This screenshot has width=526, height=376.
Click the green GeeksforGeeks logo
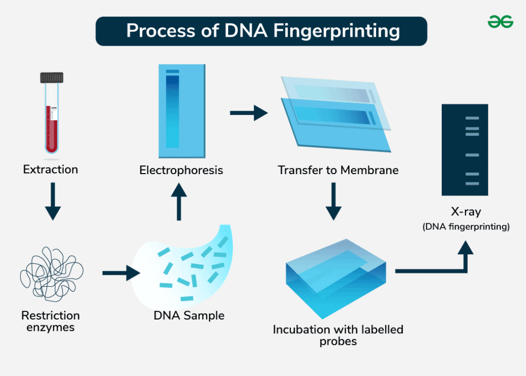click(x=500, y=22)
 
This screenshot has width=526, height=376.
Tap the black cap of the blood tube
click(x=52, y=78)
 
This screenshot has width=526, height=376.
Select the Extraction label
click(x=50, y=169)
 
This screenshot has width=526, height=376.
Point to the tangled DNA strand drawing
click(x=51, y=272)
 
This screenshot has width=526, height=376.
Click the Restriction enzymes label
click(x=50, y=321)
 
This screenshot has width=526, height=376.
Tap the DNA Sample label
click(x=189, y=315)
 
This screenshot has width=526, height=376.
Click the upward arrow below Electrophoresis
click(x=179, y=202)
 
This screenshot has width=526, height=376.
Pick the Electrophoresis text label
click(x=181, y=170)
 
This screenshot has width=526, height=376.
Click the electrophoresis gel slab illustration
click(x=182, y=111)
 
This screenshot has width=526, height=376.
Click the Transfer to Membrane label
click(x=338, y=170)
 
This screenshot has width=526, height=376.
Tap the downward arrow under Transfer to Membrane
click(x=334, y=202)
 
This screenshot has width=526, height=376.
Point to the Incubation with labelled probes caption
click(x=338, y=335)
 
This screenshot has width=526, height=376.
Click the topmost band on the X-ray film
click(x=472, y=118)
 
